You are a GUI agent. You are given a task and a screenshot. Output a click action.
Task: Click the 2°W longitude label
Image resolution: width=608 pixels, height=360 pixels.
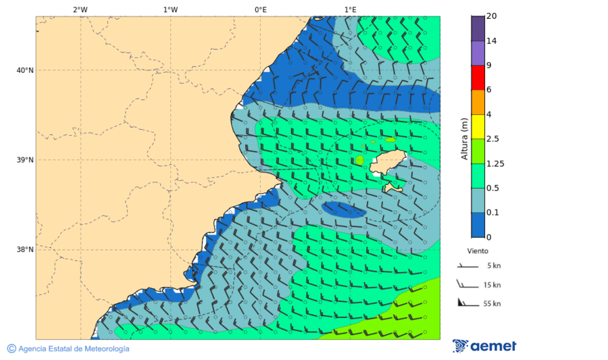click(80, 9)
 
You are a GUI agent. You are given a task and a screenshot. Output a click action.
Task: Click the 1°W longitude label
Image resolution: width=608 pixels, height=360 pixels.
click(170, 9)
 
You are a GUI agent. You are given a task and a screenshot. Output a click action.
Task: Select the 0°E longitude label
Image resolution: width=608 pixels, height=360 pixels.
click(260, 9)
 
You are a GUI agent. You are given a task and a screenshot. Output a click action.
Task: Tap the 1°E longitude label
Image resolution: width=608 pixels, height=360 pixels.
click(350, 9)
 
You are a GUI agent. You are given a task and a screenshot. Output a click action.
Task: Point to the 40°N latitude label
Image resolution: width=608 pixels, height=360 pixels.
click(24, 70)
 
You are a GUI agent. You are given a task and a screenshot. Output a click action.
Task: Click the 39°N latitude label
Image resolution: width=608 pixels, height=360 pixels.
click(24, 160)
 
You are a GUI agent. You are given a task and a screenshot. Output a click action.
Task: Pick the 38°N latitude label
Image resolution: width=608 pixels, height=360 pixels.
click(24, 250)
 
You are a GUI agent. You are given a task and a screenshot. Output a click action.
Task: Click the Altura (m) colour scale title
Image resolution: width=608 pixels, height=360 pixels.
click(464, 138)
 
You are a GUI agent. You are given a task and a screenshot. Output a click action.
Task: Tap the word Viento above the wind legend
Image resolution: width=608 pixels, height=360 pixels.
click(478, 251)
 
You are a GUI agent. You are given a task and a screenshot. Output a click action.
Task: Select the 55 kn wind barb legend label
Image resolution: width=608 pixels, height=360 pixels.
click(492, 304)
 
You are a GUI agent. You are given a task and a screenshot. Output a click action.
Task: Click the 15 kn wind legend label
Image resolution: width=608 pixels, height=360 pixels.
click(492, 285)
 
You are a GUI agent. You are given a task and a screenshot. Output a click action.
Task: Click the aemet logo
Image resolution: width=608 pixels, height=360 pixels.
click(484, 346)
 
